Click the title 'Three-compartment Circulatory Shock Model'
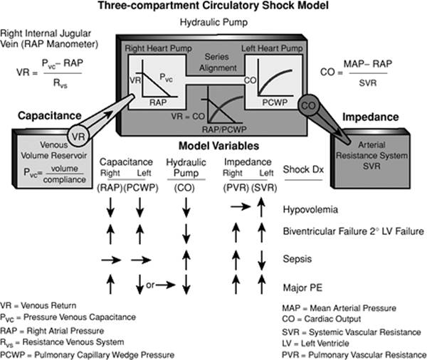point(213,8)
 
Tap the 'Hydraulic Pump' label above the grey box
point(213,23)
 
